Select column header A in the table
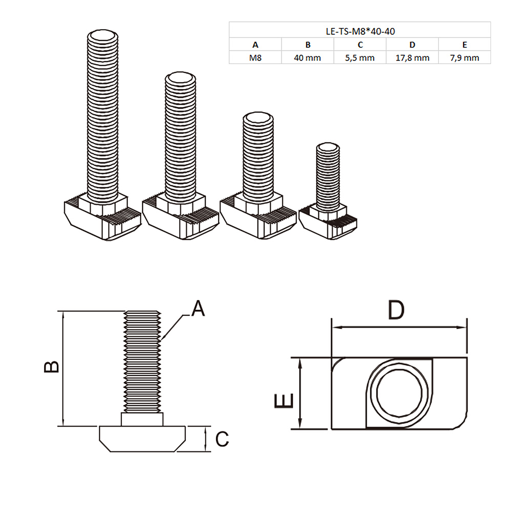pos(255,45)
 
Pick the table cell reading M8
pos(255,58)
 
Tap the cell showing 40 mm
pos(307,58)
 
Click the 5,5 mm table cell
pos(360,58)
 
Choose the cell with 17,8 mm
pos(412,58)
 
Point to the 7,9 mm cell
pos(464,58)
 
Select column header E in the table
pos(464,45)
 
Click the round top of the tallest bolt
pos(103,35)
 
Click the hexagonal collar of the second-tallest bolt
pos(180,206)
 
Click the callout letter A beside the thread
pos(198,308)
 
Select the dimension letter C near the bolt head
pos(222,439)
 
